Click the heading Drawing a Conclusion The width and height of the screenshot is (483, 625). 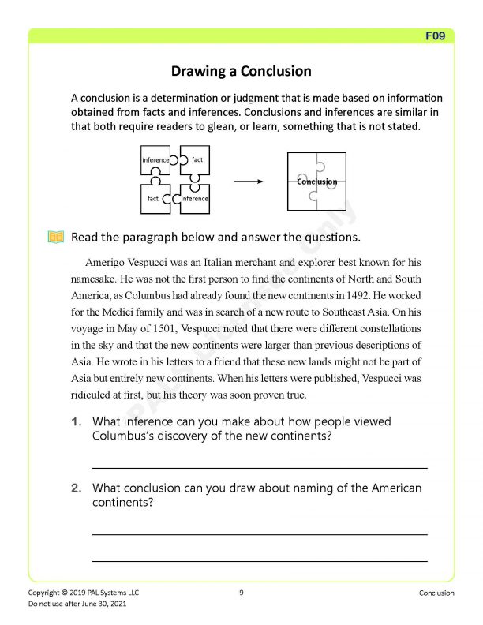pos(241,71)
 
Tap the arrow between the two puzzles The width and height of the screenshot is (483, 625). pos(248,182)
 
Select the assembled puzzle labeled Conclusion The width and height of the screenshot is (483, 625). pos(316,182)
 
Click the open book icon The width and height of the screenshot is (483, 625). pos(55,237)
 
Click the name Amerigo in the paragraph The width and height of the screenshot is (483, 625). pos(105,261)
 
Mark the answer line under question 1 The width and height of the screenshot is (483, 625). pos(260,468)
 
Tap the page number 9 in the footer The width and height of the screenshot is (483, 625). pos(241,593)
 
